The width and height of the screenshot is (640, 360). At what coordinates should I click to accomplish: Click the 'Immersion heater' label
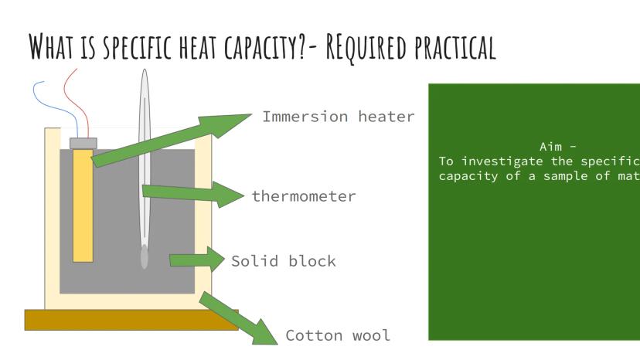pyautogui.click(x=338, y=117)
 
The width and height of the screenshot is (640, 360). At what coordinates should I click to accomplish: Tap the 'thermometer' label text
pyautogui.click(x=304, y=196)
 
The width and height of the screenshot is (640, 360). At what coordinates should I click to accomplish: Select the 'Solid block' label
pyautogui.click(x=284, y=260)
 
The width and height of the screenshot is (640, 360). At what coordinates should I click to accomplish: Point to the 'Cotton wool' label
pyautogui.click(x=338, y=335)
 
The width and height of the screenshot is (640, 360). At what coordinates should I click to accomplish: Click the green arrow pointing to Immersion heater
pyautogui.click(x=170, y=139)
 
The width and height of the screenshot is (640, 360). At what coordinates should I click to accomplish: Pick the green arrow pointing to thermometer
pyautogui.click(x=193, y=193)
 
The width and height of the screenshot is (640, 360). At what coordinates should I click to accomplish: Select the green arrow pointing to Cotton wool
pyautogui.click(x=240, y=317)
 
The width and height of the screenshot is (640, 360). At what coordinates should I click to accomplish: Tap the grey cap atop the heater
pyautogui.click(x=83, y=143)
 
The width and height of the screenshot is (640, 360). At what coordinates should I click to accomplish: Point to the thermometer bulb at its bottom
pyautogui.click(x=145, y=257)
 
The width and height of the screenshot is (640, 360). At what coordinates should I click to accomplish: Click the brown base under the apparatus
pyautogui.click(x=131, y=320)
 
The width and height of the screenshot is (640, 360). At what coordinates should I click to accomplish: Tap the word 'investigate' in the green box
pyautogui.click(x=509, y=161)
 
